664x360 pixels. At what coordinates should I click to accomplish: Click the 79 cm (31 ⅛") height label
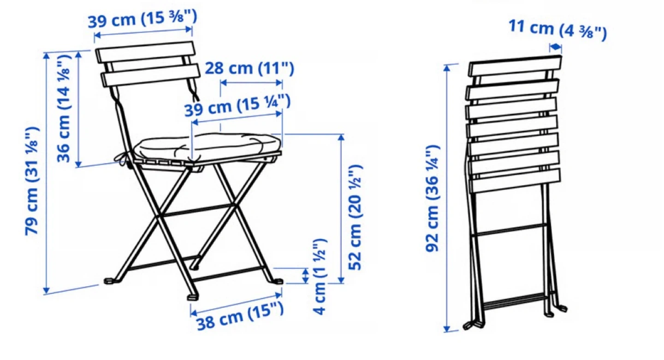32,181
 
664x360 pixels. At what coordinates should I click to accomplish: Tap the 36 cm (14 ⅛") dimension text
64,108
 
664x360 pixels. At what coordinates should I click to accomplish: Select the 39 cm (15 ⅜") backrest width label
142,19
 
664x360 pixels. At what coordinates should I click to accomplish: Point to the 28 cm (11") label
249,68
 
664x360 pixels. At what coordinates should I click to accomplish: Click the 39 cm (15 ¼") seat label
237,105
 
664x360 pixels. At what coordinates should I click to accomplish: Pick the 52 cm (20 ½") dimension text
355,217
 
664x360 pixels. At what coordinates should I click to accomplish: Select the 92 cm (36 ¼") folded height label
432,198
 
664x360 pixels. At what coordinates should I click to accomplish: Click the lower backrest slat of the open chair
151,75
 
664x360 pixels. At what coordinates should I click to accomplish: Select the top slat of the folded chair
515,65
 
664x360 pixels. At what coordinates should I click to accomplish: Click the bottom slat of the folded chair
515,181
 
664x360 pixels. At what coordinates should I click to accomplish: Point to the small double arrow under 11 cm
556,47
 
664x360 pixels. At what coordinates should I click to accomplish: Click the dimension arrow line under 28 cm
251,83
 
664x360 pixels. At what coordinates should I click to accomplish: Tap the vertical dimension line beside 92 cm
447,198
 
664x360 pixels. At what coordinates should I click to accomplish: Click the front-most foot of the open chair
193,297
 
